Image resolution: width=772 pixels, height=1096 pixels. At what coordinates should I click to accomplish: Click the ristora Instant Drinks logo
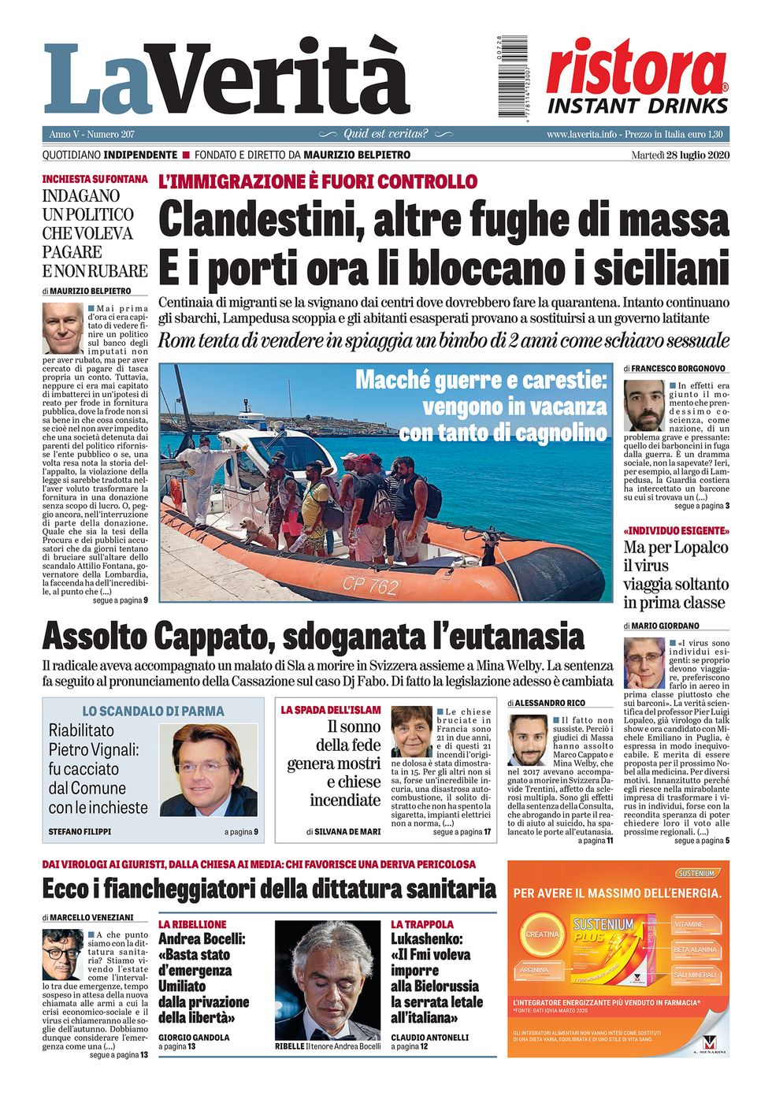[637, 77]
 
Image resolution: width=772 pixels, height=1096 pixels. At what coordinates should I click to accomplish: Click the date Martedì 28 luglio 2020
[680, 155]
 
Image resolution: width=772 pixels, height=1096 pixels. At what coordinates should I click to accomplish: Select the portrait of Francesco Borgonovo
[644, 405]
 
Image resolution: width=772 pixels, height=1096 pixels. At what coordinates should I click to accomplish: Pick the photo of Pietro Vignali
[208, 770]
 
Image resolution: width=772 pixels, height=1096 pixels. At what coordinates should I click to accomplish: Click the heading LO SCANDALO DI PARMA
[153, 711]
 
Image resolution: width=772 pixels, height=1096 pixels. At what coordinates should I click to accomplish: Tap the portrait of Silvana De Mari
[411, 730]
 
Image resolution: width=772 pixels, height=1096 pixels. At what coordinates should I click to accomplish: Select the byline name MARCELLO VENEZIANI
[91, 917]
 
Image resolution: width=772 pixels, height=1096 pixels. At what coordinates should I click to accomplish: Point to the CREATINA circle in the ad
[541, 934]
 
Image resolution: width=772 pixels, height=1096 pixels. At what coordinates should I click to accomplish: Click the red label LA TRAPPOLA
[422, 924]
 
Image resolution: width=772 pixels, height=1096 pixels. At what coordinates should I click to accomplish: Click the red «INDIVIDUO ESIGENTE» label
[676, 530]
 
